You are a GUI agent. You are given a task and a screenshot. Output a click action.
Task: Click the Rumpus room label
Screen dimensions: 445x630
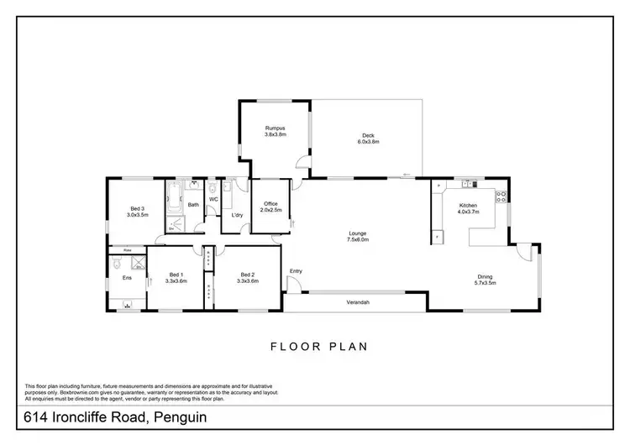276,128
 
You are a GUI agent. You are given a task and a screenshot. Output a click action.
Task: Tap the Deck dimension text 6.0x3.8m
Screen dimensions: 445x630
367,142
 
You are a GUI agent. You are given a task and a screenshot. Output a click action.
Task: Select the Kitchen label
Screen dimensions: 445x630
468,205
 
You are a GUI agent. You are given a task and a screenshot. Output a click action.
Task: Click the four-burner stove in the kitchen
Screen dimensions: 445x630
501,197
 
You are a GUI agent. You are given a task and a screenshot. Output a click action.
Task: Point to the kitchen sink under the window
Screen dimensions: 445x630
468,185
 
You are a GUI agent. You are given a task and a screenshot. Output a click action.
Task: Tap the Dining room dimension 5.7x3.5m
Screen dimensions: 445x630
486,283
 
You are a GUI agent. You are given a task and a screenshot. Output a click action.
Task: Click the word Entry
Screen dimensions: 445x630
296,270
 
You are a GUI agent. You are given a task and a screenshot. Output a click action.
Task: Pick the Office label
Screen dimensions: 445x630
270,203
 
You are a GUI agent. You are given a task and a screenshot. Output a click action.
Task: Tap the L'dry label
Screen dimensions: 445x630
237,214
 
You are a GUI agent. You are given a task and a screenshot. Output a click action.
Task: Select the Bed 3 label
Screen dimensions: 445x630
137,208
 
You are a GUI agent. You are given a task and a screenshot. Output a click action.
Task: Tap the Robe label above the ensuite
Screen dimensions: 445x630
127,250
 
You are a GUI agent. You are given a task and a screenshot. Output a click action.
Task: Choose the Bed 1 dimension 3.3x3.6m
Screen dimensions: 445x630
176,281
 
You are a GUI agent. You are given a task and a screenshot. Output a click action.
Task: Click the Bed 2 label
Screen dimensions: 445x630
247,275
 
